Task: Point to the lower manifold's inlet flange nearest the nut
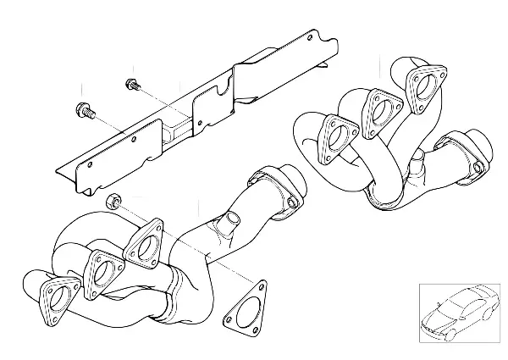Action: click(146, 246)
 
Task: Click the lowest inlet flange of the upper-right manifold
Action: click(338, 138)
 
